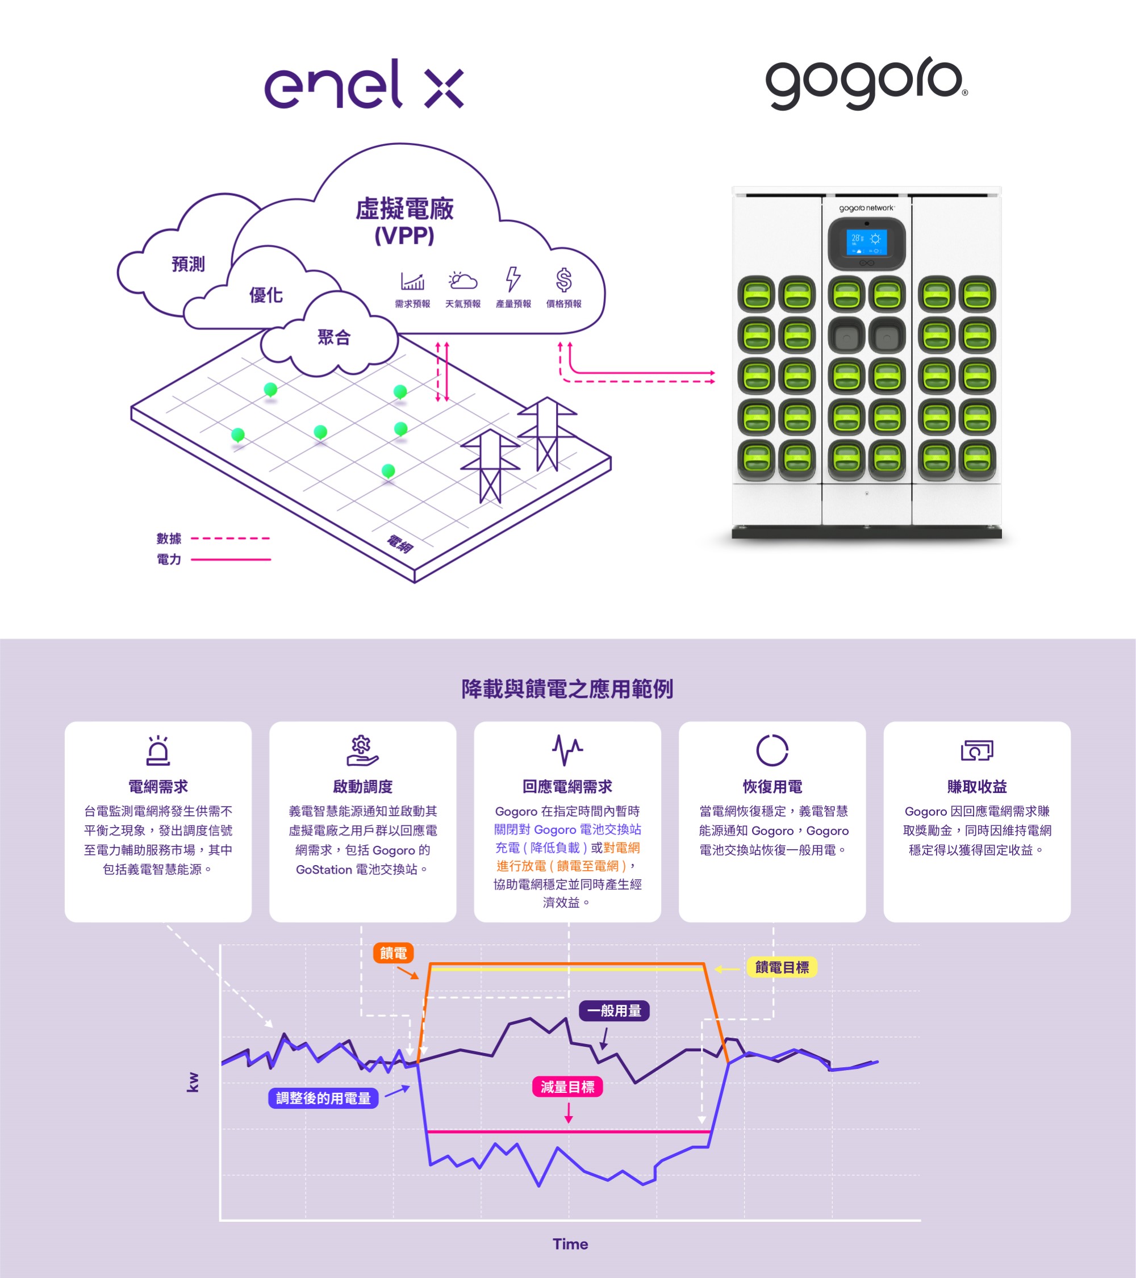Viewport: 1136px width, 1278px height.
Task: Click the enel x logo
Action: tap(364, 85)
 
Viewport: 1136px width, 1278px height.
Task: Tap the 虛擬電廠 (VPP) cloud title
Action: tap(404, 222)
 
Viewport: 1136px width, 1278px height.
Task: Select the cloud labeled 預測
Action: tap(187, 265)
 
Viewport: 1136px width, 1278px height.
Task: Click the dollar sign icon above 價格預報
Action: tap(563, 280)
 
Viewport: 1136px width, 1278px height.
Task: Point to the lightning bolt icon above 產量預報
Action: tap(513, 279)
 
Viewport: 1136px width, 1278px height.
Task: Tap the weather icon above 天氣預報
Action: tap(463, 281)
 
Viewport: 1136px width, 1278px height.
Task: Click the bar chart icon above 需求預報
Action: tap(412, 281)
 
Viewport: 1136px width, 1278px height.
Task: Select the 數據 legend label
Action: tap(169, 538)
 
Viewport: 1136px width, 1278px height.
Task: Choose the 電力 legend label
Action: tap(169, 559)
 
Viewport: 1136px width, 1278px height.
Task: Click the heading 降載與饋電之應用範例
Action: tap(567, 689)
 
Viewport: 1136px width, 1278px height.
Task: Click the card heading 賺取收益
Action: tap(976, 787)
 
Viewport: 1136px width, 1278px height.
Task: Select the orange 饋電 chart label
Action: tap(393, 953)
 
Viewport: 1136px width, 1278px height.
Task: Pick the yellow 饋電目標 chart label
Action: tap(782, 967)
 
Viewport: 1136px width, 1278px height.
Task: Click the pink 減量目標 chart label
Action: tap(567, 1087)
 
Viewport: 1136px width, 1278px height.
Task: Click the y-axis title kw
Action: tap(193, 1081)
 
